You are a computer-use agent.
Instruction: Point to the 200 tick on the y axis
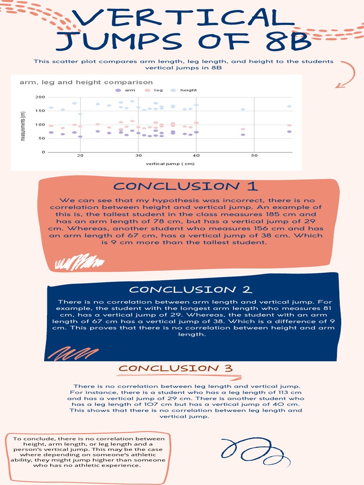(x=40, y=97)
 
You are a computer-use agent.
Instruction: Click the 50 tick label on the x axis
(x=254, y=156)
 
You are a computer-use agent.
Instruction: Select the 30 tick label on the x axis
(x=138, y=156)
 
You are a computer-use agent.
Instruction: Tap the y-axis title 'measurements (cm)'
(x=23, y=126)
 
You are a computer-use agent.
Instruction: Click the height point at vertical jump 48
(x=243, y=109)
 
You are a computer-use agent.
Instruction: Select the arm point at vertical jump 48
(x=243, y=135)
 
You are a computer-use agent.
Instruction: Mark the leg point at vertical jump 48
(x=243, y=129)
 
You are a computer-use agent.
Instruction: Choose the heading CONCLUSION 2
(x=191, y=289)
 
